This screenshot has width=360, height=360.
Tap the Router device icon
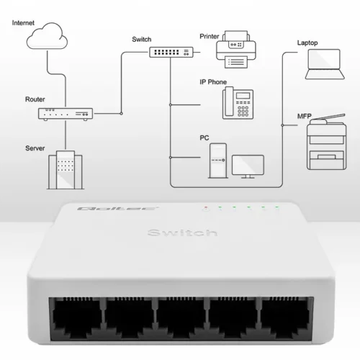pos(66,113)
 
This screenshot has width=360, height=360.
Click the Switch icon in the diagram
pos(171,51)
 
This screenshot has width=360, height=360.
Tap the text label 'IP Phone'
pos(213,82)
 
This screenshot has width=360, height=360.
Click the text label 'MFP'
pos(305,114)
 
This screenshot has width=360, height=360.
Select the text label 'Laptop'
pos(307,42)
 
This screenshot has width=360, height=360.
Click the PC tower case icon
pos(216,160)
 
